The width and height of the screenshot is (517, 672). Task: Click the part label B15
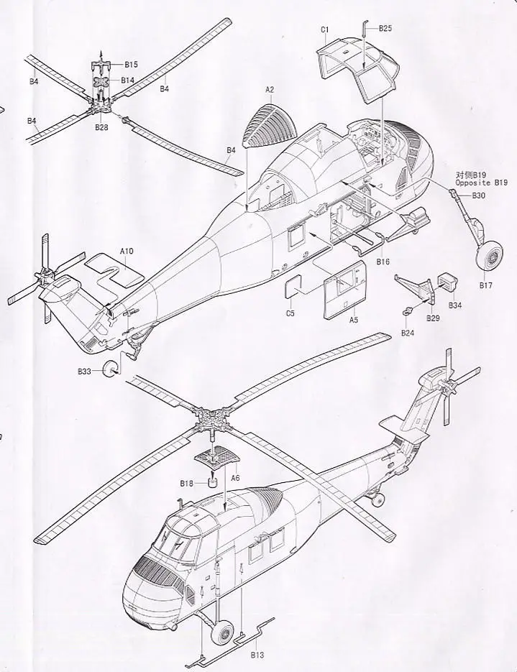[x=130, y=65]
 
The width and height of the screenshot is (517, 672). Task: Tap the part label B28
[x=101, y=127]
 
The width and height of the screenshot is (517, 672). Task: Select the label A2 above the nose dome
[x=270, y=89]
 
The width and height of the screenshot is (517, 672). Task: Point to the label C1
[x=325, y=29]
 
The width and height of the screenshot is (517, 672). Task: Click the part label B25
[x=385, y=28]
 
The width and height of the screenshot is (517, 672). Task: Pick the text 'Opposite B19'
[x=481, y=183]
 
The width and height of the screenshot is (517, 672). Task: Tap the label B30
[x=479, y=195]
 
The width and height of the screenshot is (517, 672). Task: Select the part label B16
[x=382, y=262]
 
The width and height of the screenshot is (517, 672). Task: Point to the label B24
[x=408, y=333]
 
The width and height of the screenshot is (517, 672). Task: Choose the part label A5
[x=354, y=320]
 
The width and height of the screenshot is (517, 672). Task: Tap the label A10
[x=127, y=250]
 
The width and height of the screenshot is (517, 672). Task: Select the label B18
[x=186, y=484]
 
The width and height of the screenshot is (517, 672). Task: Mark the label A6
[x=234, y=477]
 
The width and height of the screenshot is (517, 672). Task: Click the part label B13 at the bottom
[x=257, y=654]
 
